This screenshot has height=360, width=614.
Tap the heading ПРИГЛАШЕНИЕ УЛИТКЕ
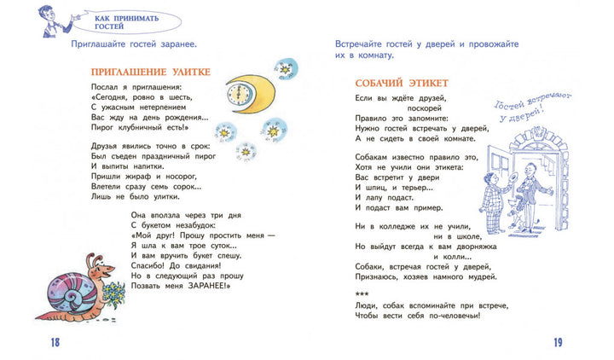coord(149,72)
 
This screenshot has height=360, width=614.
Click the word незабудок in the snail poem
coord(188,224)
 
